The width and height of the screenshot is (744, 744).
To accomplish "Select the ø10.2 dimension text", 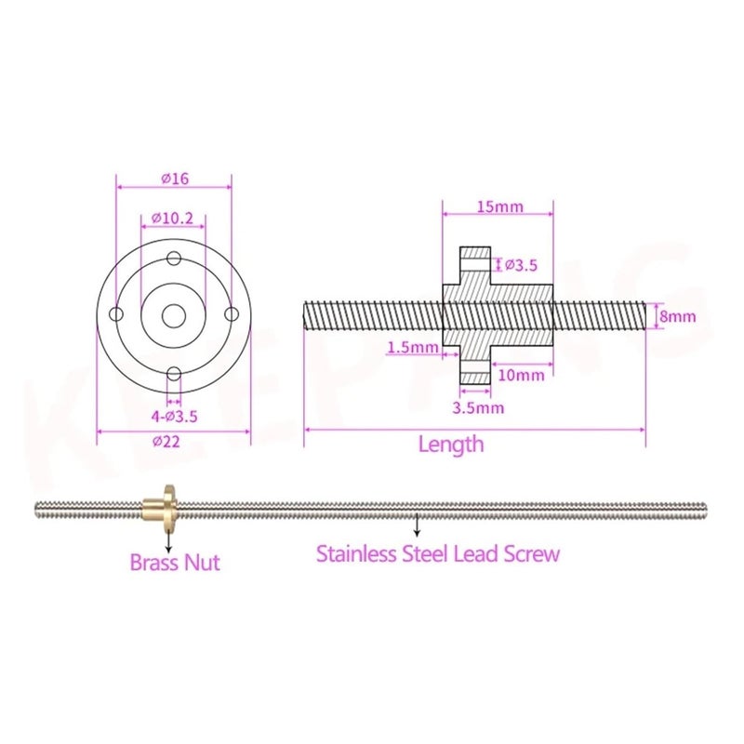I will pos(172,219).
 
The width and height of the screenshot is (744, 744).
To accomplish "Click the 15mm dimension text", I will pos(498,206).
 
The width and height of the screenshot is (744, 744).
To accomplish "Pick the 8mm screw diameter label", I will pos(677,316).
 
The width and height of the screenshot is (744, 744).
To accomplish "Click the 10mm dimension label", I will pos(521,375).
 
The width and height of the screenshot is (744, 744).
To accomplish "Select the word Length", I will pos(451,444).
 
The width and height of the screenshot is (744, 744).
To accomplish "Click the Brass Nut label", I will pos(175,563).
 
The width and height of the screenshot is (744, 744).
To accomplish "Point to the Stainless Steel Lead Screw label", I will pos(438,554).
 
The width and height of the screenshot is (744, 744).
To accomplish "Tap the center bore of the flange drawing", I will pos(172,315).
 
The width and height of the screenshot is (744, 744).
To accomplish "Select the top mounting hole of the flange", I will pos(172,259).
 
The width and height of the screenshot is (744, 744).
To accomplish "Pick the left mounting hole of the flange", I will pos(115,315).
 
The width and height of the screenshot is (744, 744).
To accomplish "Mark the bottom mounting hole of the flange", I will pos(172,373).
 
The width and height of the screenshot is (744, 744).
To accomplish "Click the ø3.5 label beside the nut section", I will pos(521,265).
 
